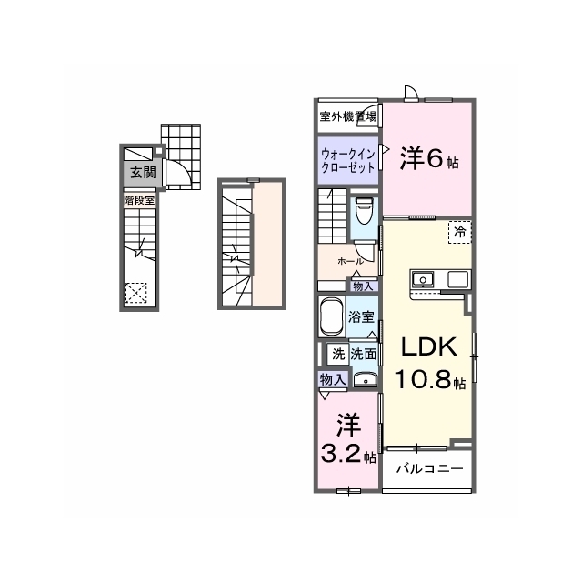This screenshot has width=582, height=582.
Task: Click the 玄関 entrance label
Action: point(143,172)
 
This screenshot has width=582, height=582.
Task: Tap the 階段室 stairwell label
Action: point(139,201)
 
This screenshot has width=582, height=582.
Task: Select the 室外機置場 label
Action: point(347,116)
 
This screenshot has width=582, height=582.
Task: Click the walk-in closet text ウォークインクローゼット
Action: point(347,160)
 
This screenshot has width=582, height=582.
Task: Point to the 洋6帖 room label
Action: point(429,159)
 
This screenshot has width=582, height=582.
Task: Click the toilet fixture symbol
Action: point(364,212)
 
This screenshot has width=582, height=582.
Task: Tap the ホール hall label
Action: point(350,261)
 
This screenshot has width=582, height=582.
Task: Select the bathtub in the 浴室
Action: point(330,316)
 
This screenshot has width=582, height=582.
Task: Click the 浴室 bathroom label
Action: point(361,316)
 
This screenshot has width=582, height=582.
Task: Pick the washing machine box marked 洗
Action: point(338,355)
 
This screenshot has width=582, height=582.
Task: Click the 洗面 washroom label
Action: point(364,355)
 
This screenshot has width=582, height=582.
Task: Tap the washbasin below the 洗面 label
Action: point(366,380)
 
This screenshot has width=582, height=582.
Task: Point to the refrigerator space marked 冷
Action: point(460,232)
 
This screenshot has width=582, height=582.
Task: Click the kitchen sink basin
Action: point(423,279)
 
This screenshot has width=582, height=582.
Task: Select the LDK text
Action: point(428,346)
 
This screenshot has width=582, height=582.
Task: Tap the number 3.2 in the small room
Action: point(341,454)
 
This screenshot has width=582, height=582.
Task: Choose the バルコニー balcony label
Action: point(430,468)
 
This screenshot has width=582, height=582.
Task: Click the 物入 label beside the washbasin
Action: point(333,379)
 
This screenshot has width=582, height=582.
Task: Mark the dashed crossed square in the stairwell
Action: point(135,293)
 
